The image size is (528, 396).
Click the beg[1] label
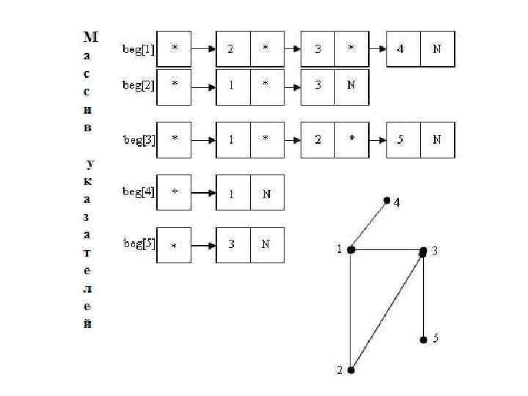pos(139,49)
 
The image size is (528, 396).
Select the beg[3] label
pos(139,139)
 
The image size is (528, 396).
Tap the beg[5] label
pos(139,244)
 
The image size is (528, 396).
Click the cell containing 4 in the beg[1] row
pos(403,49)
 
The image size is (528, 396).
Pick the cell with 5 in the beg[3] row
pos(403,139)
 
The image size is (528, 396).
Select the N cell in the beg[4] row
pos(266,193)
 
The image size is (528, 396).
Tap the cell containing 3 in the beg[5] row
pos(232,244)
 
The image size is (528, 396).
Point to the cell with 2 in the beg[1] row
pos(232,49)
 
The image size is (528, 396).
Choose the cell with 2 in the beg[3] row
pos(318,139)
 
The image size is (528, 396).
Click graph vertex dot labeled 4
pos(386,199)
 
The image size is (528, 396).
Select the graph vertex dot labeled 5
pos(423,340)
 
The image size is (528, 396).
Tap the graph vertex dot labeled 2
pos(351,370)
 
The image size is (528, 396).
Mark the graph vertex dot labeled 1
pos(351,250)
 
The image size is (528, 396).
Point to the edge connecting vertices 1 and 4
pos(369,224)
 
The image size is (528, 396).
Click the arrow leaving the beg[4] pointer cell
pos(203,194)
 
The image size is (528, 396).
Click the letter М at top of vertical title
pos(90,36)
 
